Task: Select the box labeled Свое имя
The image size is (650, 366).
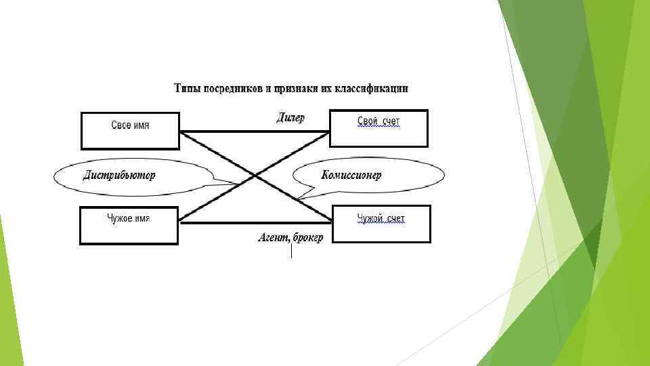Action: click(130, 130)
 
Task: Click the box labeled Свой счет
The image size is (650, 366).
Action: click(378, 128)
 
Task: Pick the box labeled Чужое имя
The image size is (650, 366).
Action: click(129, 225)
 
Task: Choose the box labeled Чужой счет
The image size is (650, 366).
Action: click(382, 224)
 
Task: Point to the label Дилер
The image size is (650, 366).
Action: click(290, 118)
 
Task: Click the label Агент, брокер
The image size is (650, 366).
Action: click(290, 238)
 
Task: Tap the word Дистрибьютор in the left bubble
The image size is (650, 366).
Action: click(119, 176)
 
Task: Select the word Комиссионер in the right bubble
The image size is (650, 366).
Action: click(351, 176)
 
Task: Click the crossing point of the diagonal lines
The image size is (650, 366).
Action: click(255, 176)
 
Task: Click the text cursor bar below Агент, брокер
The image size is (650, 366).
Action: click(291, 251)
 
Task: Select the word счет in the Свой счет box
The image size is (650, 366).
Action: click(391, 122)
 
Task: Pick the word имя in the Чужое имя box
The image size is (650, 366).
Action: click(142, 218)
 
